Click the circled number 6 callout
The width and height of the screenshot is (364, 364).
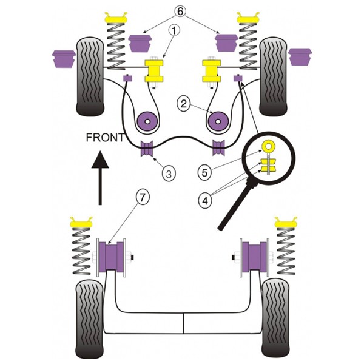(180, 12)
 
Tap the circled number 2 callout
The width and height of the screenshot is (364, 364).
(183, 104)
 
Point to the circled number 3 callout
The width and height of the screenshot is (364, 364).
(169, 173)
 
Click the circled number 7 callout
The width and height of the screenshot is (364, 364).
(143, 197)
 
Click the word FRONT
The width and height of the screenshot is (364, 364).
(105, 138)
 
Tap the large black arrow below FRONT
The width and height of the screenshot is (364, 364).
(100, 178)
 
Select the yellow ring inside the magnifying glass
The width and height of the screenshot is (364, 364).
(269, 146)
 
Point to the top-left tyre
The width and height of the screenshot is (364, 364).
(90, 76)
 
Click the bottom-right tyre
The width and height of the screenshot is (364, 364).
(275, 321)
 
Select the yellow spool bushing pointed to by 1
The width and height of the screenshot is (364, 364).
(154, 71)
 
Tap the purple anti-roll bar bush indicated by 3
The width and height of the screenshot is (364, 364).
(147, 148)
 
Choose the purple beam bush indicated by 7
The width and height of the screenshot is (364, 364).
(112, 256)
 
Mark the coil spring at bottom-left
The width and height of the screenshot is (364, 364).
(81, 251)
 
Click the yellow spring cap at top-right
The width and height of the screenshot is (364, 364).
(248, 18)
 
